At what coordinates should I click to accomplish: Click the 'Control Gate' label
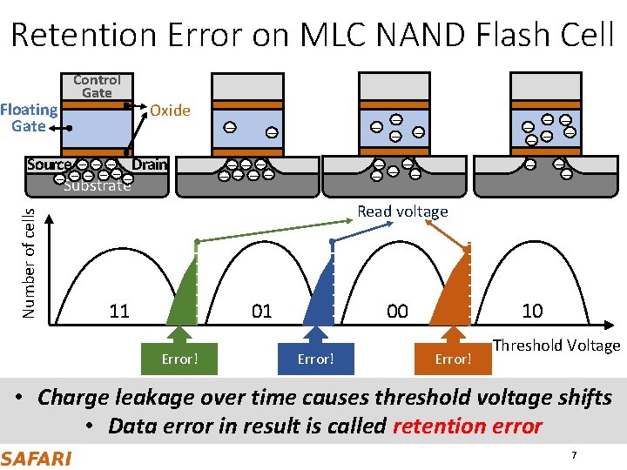(x=97, y=85)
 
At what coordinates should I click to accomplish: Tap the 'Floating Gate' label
(x=29, y=117)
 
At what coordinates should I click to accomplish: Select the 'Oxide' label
(x=170, y=111)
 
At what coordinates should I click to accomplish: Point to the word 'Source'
(x=49, y=164)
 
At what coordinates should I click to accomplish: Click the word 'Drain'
(x=150, y=164)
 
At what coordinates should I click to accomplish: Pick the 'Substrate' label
(x=98, y=185)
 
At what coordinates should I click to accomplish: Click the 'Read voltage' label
(x=402, y=211)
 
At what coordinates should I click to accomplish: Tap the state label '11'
(x=119, y=311)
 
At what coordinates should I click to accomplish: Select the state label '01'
(x=261, y=311)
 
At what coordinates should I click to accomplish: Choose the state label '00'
(x=397, y=311)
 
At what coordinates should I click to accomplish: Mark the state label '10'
(x=531, y=311)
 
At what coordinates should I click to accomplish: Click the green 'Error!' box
(x=179, y=359)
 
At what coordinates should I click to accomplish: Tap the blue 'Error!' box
(x=315, y=359)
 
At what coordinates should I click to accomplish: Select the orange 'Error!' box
(x=453, y=359)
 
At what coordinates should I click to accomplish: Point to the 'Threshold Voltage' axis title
(x=556, y=346)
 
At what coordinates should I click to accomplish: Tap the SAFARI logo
(x=37, y=458)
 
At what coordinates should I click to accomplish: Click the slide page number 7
(x=573, y=456)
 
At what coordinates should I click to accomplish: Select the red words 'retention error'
(x=468, y=426)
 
